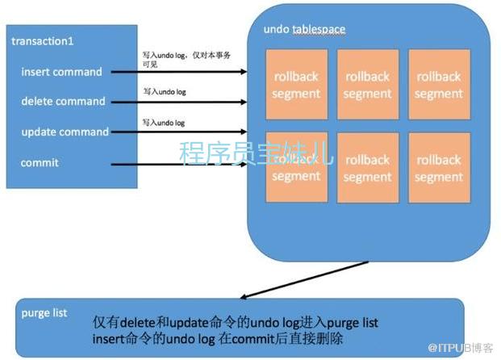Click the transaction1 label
pos(43,40)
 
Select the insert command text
pos(61,72)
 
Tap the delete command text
pos(63,102)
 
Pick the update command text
pos(65,132)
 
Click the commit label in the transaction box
pos(40,163)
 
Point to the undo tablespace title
pos(304,30)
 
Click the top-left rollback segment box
pos(296,84)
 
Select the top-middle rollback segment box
pos(367,84)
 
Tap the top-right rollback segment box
pos(438,84)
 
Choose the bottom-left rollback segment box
pos(296,168)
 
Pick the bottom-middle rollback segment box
pos(367,168)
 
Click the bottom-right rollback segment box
pos(438,168)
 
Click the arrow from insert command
pos(178,73)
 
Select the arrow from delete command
pos(178,103)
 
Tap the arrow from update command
pos(178,132)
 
